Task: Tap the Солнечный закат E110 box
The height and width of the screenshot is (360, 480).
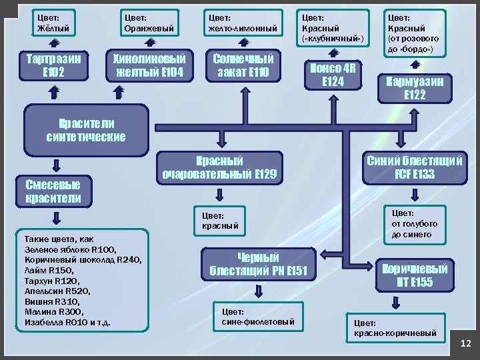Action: [x=243, y=65]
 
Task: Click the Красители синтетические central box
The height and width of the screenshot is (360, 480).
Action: [x=85, y=130]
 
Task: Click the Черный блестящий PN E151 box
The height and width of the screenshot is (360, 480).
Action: [x=257, y=264]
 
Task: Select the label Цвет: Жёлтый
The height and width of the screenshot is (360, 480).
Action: [x=55, y=23]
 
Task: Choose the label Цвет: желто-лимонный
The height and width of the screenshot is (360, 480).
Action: [x=243, y=23]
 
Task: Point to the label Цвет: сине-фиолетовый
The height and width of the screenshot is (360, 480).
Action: [x=257, y=317]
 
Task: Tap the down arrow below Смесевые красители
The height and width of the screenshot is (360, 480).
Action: [x=56, y=217]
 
